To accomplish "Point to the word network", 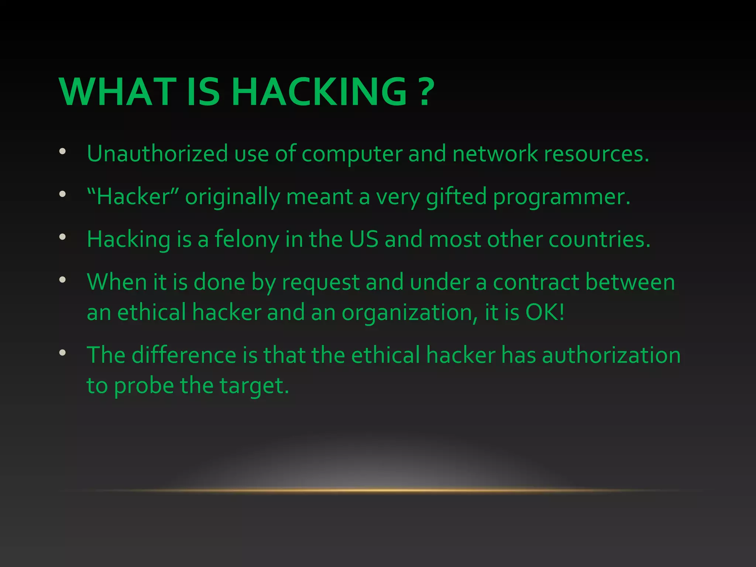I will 495,154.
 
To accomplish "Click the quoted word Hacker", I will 133,196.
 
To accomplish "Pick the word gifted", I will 456,197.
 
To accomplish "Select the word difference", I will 184,355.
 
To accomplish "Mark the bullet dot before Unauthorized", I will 62,151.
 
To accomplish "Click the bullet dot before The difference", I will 62,353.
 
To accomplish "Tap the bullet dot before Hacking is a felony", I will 62,237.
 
